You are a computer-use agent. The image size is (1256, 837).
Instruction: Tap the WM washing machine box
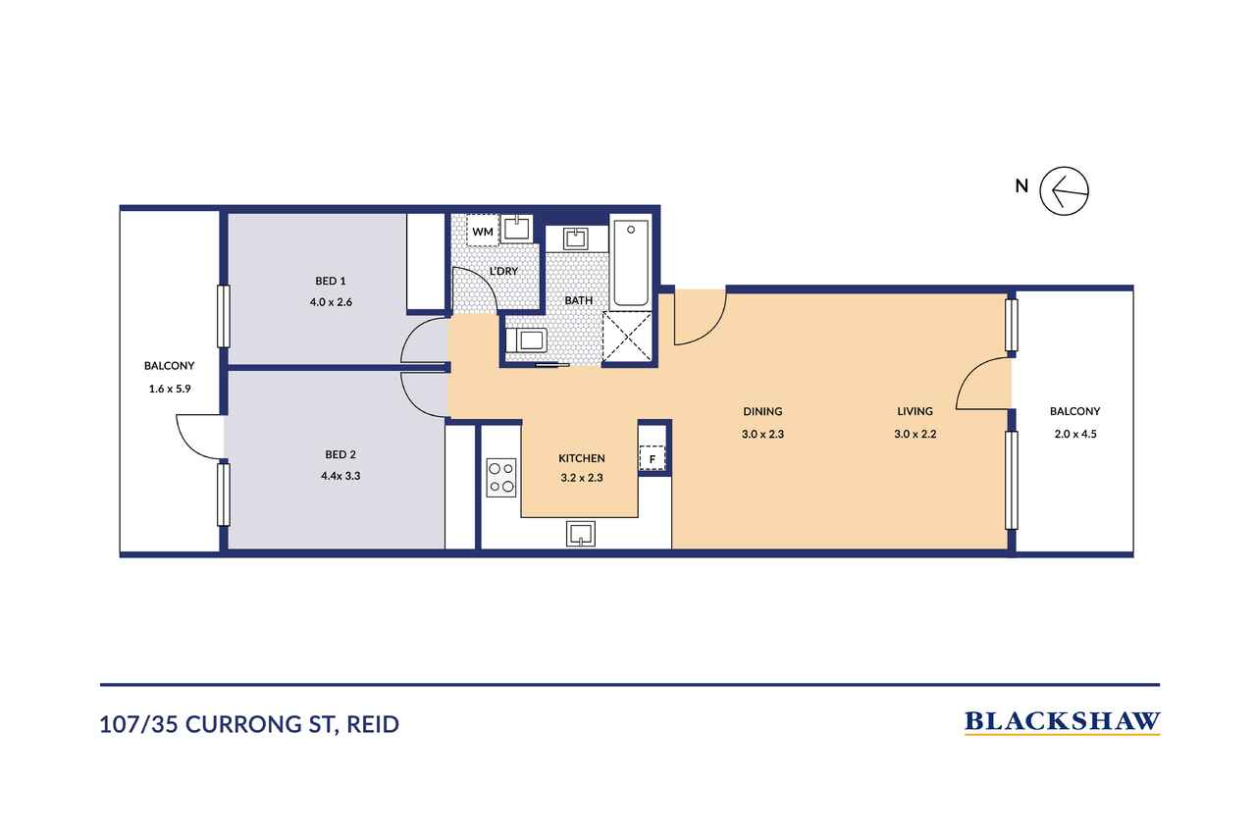(x=483, y=230)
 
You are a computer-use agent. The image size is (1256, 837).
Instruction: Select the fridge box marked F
(x=653, y=458)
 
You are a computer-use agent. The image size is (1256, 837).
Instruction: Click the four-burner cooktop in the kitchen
(x=501, y=478)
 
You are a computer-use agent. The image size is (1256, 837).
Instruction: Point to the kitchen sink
(x=580, y=533)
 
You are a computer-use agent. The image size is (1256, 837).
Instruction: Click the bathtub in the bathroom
(x=631, y=263)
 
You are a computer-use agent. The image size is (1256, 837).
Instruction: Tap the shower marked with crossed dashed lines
(x=627, y=337)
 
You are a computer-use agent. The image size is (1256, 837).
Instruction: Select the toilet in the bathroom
(x=526, y=340)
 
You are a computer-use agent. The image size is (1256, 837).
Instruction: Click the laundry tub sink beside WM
(x=516, y=229)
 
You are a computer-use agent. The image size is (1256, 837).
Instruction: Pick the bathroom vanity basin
(x=577, y=238)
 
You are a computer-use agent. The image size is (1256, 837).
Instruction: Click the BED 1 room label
(x=331, y=281)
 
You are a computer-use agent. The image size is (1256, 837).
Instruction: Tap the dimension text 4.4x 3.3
(x=340, y=476)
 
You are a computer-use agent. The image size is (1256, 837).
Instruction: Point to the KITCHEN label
(x=582, y=458)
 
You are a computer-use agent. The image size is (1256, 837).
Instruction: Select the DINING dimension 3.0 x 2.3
(x=762, y=434)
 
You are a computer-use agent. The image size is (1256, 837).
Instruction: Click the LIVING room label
(x=916, y=411)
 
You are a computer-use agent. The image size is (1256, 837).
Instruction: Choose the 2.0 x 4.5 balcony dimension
(x=1075, y=434)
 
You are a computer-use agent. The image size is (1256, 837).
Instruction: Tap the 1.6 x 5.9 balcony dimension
(x=170, y=389)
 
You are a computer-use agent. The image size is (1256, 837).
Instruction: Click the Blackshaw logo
(x=1062, y=723)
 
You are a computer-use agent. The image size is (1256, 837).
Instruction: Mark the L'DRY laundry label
(x=503, y=271)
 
